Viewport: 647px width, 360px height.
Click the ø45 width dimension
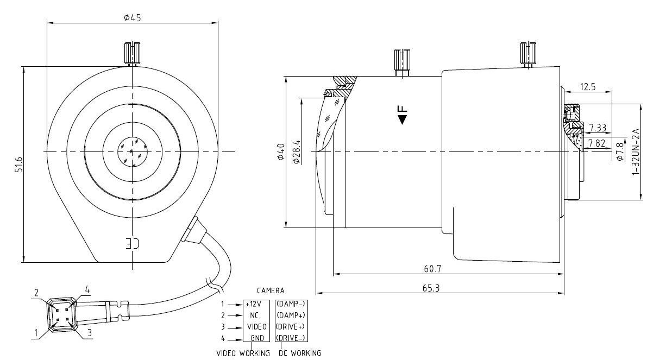point(132,17)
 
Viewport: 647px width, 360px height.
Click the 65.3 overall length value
point(430,288)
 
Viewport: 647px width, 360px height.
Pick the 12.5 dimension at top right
point(588,86)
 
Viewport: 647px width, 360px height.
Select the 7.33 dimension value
point(597,128)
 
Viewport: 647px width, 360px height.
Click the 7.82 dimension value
point(597,143)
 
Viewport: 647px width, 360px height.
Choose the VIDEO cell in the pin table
point(256,326)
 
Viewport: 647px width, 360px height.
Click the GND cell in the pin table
point(256,338)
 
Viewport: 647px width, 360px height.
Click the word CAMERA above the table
point(271,291)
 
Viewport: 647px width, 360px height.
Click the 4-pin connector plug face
point(61,313)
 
